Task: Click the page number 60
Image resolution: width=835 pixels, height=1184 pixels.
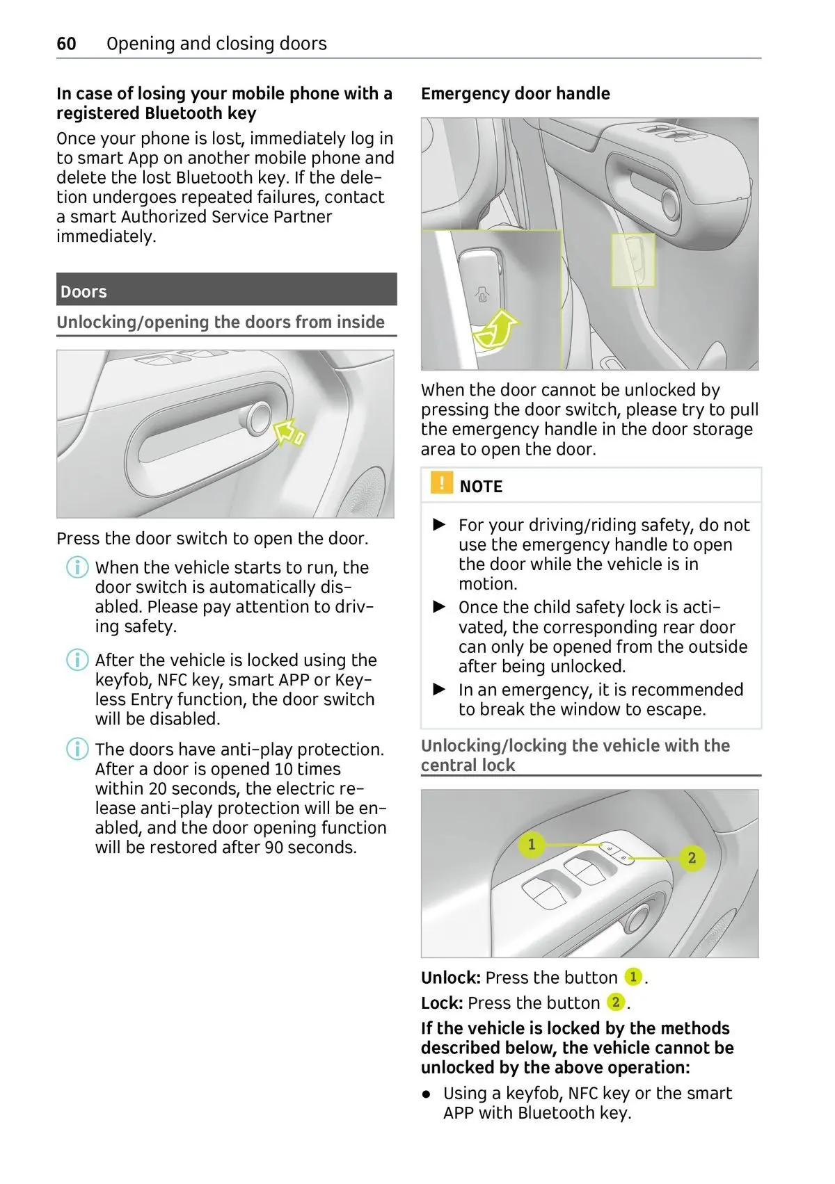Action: point(66,44)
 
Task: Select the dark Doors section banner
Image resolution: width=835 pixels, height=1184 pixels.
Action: point(226,290)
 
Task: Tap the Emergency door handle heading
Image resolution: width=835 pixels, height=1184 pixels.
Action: point(515,94)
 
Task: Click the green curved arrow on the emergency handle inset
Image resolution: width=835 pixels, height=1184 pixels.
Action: point(495,330)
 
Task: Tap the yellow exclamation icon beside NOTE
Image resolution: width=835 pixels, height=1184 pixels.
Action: point(441,483)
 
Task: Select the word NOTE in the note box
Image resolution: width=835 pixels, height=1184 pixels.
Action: point(481,487)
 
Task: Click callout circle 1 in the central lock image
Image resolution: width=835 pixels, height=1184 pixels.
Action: point(532,844)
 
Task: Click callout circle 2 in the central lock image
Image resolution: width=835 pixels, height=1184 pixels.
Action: point(692,858)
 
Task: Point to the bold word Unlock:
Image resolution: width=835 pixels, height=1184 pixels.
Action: point(450,978)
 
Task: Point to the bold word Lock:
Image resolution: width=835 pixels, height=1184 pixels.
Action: point(442,1003)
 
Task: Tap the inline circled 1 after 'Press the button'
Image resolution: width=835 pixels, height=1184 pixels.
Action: point(633,977)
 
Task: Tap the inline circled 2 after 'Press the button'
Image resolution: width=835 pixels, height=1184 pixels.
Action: point(616,1003)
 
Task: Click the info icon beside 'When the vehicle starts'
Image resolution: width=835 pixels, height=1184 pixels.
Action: point(77,567)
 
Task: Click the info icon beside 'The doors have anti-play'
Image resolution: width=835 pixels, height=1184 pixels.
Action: point(77,749)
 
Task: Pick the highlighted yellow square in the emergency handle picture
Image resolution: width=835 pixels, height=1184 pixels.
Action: point(633,259)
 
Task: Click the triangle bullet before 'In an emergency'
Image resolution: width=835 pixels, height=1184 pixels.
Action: point(439,690)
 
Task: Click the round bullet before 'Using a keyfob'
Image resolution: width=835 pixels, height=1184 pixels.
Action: point(427,1094)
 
